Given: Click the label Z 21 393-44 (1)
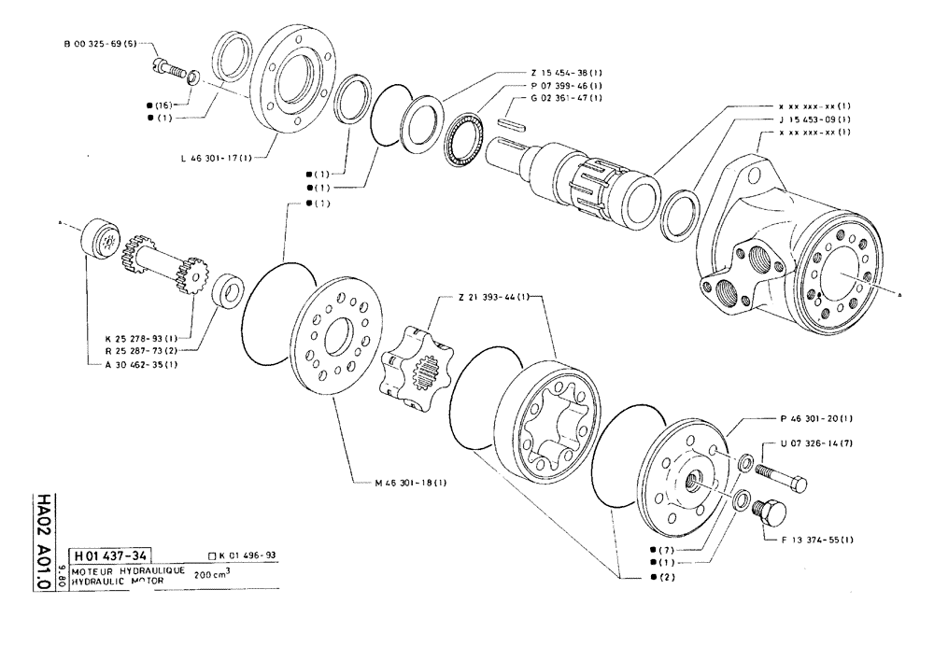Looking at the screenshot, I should pos(491,297).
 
